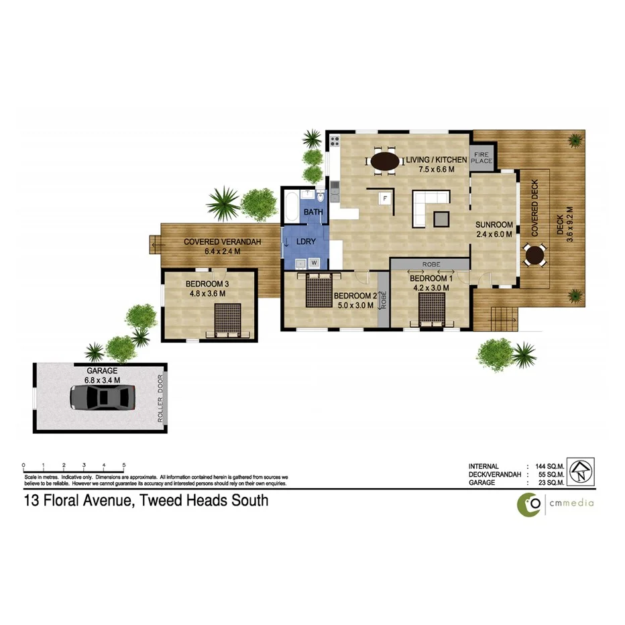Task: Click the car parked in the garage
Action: (103, 398)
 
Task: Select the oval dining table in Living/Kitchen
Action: (385, 161)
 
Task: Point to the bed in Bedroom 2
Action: (319, 290)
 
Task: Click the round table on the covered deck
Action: (534, 255)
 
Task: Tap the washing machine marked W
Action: (313, 262)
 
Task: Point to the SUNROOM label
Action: (494, 225)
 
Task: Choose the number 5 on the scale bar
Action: (124, 465)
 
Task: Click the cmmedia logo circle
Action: (528, 504)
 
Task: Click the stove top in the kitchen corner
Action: (335, 141)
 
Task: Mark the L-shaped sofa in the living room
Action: (426, 205)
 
